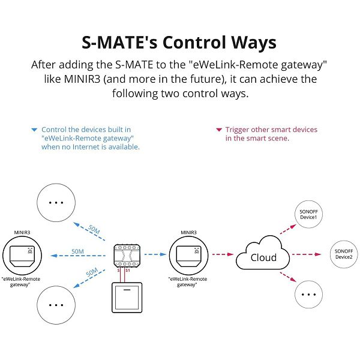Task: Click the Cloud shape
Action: coord(263,253)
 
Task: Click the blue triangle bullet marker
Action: coord(34,130)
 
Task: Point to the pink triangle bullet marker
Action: coord(219,130)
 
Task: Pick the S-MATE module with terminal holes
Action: coord(127,256)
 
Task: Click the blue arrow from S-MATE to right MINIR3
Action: coord(155,254)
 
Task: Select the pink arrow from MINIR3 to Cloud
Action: coord(223,254)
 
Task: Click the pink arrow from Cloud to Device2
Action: coord(306,254)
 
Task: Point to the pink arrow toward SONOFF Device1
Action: coord(288,229)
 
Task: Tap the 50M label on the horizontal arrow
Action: coord(77,251)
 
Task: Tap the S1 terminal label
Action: coord(128,271)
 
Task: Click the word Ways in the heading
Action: coord(254,43)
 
